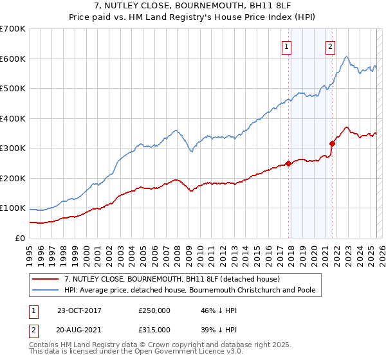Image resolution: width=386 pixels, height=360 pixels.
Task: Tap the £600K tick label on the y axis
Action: (13, 59)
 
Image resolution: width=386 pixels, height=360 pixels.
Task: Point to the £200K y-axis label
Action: (13, 178)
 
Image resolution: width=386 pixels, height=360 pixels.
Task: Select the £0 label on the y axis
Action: (19, 238)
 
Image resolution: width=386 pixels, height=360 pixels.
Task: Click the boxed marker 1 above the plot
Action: (286, 46)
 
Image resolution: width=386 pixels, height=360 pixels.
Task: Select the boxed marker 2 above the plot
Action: (330, 46)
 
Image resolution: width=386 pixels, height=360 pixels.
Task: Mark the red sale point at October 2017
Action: (289, 163)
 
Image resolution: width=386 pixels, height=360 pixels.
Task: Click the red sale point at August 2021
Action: (332, 143)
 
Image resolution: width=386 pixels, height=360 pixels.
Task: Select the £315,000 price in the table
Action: (154, 329)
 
